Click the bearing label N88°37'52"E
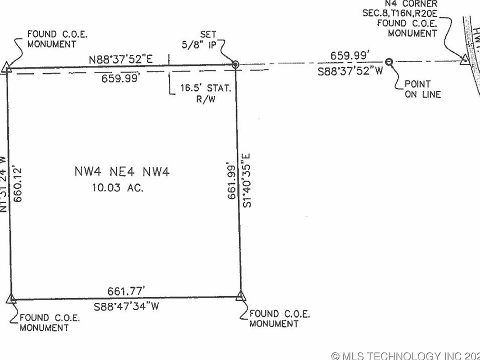(120, 59)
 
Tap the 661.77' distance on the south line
(126, 291)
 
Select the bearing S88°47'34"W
(126, 306)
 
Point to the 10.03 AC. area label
(118, 188)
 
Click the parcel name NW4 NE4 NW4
(121, 172)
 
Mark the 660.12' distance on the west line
(18, 184)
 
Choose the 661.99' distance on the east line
(231, 180)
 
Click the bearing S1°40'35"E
(246, 180)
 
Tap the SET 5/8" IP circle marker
(235, 64)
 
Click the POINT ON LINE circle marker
(389, 62)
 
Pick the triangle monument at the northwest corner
(5, 67)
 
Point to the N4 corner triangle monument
(464, 60)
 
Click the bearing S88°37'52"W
(350, 71)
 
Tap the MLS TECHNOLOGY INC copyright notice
(405, 355)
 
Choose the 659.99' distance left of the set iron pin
(120, 78)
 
